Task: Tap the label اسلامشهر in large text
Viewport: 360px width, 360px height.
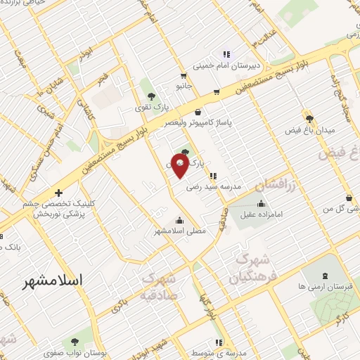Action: click(x=53, y=281)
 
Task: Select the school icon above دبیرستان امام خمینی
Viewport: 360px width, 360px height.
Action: click(x=226, y=54)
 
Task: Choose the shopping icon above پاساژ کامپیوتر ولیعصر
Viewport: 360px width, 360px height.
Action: click(x=197, y=111)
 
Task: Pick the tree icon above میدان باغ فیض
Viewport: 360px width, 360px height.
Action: click(x=309, y=117)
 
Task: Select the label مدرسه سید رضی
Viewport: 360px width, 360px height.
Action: click(x=213, y=187)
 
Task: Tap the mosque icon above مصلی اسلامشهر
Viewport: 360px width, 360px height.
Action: click(x=181, y=219)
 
